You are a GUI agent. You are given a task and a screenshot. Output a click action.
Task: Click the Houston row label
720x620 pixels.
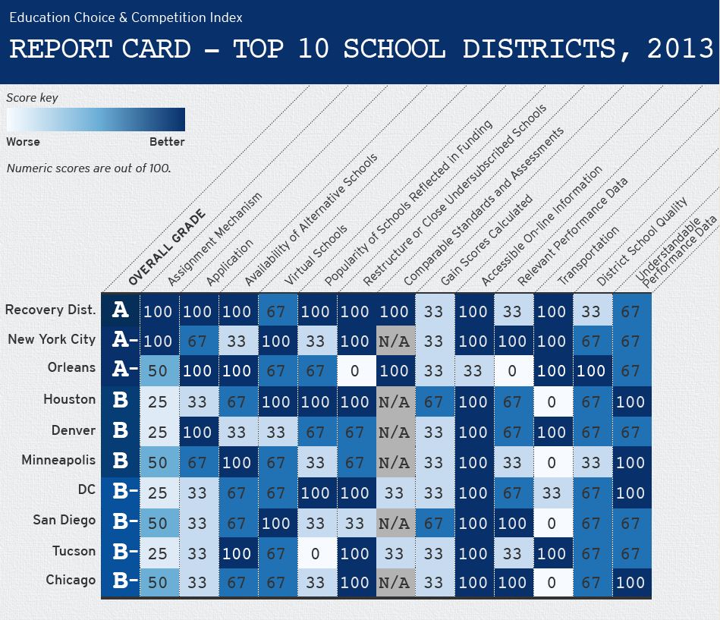69,399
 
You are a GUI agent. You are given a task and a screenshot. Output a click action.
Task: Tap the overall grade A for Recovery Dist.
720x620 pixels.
121,310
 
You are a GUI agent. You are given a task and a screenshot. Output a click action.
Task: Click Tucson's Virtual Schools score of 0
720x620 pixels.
316,553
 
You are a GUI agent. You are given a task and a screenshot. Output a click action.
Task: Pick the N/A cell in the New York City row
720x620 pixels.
395,341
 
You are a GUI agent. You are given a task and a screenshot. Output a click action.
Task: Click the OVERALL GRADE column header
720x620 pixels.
166,247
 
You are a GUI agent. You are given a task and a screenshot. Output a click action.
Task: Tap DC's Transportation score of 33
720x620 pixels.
552,493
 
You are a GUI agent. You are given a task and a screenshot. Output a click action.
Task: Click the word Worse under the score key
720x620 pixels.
24,142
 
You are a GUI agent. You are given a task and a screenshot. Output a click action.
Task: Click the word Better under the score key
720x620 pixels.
167,142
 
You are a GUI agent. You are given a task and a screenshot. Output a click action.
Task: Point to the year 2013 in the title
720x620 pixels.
680,49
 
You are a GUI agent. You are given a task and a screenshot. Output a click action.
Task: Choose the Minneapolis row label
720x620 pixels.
58,461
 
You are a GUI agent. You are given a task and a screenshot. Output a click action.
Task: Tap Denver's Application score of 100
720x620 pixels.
197,433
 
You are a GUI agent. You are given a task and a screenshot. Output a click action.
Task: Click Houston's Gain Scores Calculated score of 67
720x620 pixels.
434,402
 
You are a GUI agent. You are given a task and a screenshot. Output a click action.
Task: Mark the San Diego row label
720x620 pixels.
64,521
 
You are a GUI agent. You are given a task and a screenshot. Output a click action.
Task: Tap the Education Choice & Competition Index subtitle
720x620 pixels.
126,17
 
